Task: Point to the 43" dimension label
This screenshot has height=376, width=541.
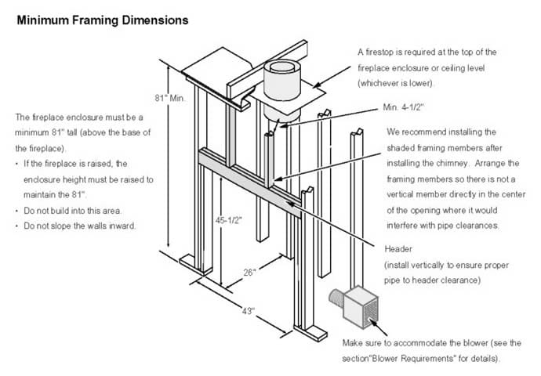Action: tap(248, 312)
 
